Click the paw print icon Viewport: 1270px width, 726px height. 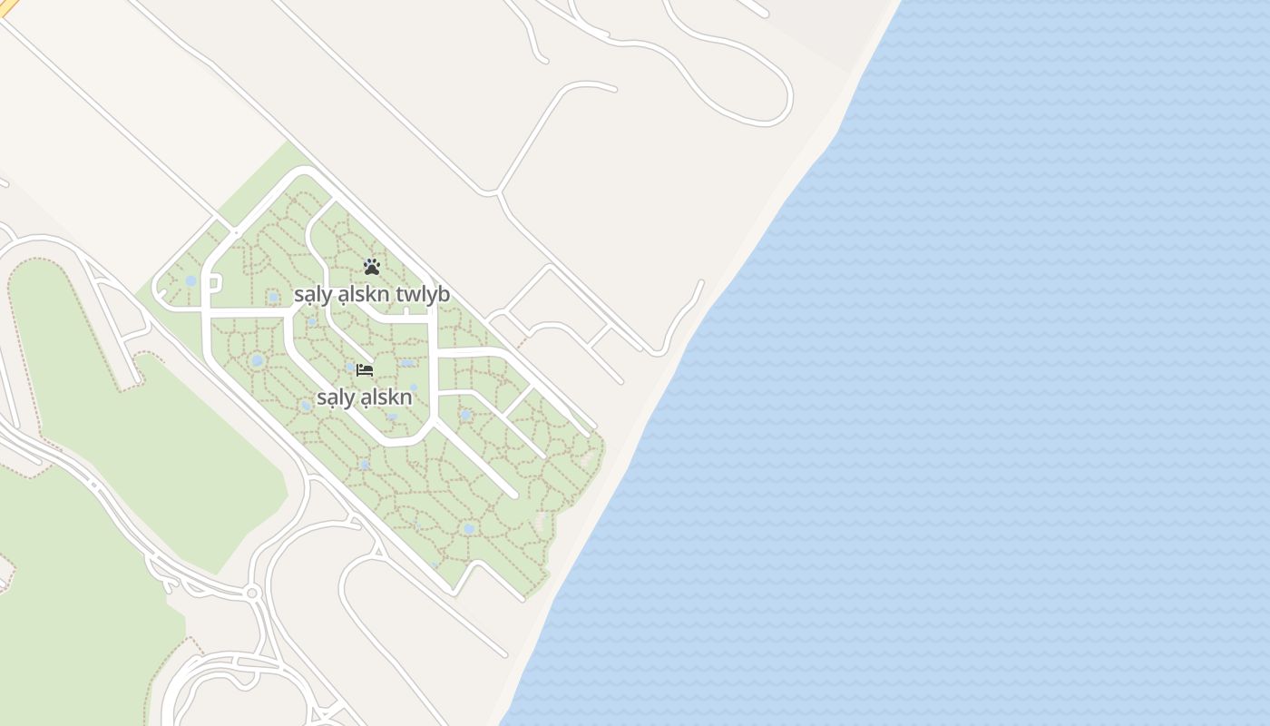click(x=371, y=266)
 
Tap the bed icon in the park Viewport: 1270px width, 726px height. click(x=365, y=369)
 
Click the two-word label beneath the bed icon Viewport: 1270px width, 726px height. click(x=365, y=397)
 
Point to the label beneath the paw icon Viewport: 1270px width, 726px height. click(x=371, y=295)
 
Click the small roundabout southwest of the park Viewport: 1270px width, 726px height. click(x=252, y=593)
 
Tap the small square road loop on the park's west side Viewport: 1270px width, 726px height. click(x=214, y=283)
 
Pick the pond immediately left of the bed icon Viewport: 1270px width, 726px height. click(x=349, y=368)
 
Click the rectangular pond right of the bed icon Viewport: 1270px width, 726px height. click(x=407, y=363)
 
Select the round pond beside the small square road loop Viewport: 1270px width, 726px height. click(x=190, y=281)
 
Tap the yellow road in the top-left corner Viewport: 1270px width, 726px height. click(x=7, y=7)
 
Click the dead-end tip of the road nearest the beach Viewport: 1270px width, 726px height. click(x=701, y=282)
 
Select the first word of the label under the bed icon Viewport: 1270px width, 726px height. click(x=334, y=397)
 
